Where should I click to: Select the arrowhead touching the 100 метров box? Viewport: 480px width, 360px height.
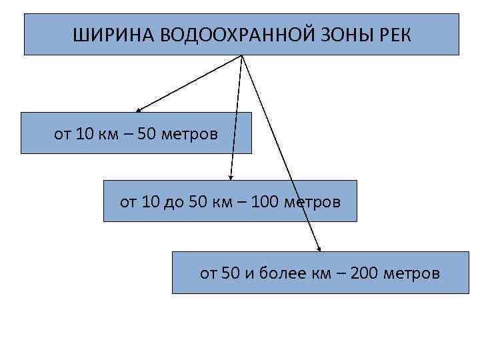pyautogui.click(x=231, y=177)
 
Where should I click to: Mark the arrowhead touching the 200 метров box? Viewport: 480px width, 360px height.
pyautogui.click(x=318, y=248)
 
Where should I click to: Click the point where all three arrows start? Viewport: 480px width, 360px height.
pyautogui.click(x=241, y=55)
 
